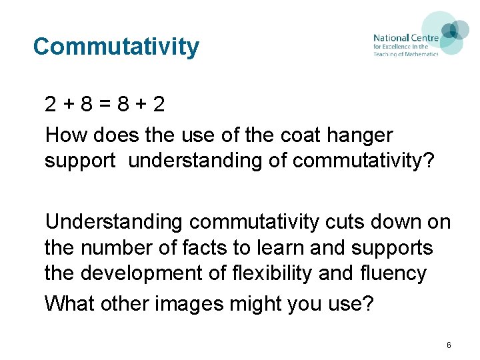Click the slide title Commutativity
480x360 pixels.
[x=116, y=47]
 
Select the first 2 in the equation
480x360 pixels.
[x=51, y=105]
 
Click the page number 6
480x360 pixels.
[x=449, y=345]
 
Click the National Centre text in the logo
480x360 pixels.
[x=405, y=38]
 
